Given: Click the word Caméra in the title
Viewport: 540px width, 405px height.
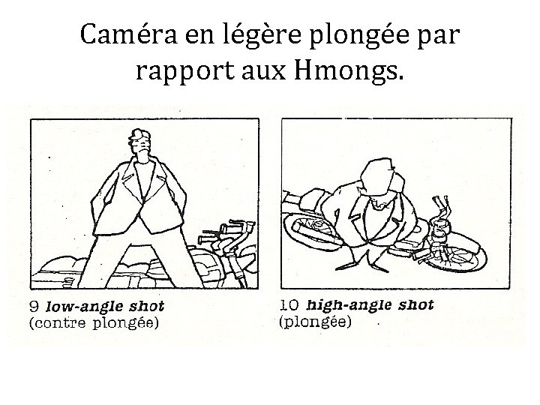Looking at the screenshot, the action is pos(128,34).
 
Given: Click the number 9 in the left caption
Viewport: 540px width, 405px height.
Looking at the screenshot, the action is pos(34,306).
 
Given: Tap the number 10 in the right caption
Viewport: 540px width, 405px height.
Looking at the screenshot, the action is pos(289,304).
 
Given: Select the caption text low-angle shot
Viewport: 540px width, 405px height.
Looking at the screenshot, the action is pos(105,306).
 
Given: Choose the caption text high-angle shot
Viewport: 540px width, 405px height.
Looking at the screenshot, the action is pos(370,305).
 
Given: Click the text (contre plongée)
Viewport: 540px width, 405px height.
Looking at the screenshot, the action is pos(94,323).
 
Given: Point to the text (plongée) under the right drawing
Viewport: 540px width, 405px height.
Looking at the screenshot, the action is pos(316,322).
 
